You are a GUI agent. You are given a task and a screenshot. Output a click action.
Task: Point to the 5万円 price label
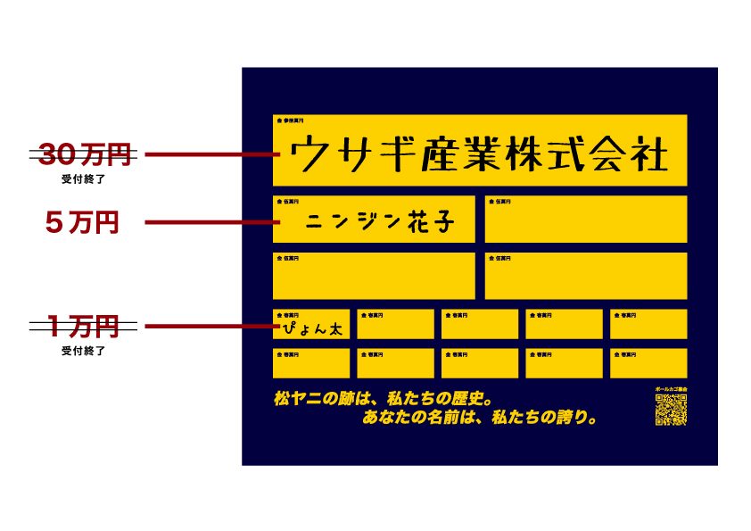tap(83, 222)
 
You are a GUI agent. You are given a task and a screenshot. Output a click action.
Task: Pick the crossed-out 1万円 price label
tap(83, 327)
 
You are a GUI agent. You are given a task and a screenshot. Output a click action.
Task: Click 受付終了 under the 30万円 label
tap(83, 179)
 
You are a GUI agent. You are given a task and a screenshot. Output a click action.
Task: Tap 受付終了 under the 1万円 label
tap(83, 351)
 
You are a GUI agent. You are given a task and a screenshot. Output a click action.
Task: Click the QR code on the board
tap(671, 410)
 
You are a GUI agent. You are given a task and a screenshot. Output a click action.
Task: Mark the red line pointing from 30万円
tap(210, 155)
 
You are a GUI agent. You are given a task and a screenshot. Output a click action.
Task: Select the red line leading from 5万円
tap(210, 222)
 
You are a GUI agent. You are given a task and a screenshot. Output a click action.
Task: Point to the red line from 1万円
tap(210, 327)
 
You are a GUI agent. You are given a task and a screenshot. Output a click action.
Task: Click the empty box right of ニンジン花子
tap(586, 220)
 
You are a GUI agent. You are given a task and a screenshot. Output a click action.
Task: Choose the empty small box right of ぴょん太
tap(395, 325)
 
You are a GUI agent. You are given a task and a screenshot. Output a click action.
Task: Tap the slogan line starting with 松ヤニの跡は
tap(384, 397)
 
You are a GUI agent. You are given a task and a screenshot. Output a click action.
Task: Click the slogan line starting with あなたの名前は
tap(480, 417)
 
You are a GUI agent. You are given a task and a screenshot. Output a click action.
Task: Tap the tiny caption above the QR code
tap(671, 390)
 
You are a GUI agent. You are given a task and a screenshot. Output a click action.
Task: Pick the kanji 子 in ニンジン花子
tap(438, 222)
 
